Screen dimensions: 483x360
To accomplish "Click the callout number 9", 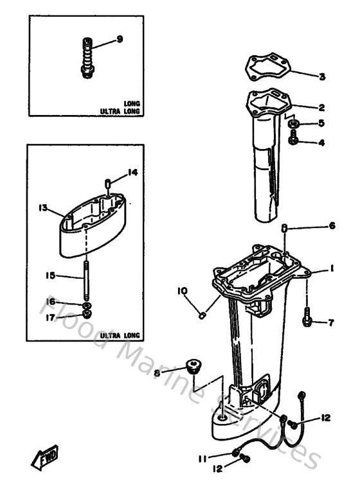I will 120,40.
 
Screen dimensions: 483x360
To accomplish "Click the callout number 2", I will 321,107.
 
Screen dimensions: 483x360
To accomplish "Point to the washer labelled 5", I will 293,123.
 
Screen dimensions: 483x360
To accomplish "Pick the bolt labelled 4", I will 292,139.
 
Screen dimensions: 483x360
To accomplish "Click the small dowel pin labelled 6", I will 285,227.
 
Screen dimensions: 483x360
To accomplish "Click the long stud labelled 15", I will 85,277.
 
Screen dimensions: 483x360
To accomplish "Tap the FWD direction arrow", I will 44,458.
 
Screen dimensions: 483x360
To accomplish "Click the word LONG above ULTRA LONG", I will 134,103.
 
